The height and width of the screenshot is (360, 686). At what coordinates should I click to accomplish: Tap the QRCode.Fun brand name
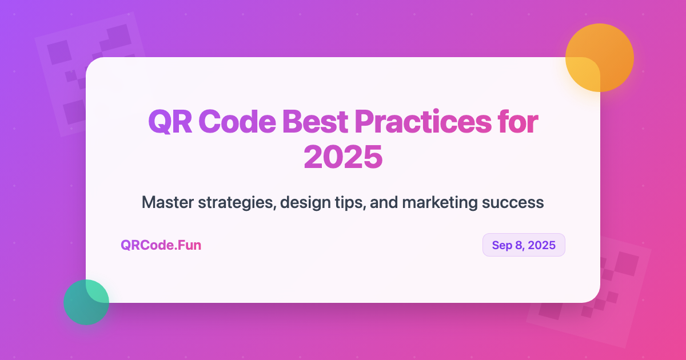[161, 245]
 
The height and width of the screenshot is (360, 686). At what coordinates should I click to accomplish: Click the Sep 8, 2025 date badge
[524, 245]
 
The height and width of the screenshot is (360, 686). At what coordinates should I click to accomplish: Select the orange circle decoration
[600, 58]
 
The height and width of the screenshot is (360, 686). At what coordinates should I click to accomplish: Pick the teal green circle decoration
[86, 302]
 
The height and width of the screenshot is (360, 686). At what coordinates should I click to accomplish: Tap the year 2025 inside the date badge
[542, 245]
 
